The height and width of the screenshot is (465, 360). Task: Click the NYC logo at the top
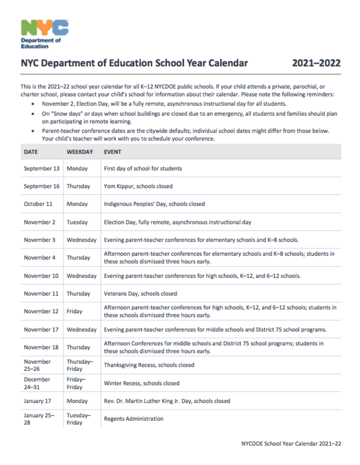[44, 28]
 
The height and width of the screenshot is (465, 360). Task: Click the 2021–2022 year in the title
[316, 63]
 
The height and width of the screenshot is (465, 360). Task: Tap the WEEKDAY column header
[80, 151]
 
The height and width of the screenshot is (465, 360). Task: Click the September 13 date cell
[41, 169]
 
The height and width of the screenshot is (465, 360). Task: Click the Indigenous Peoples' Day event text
[154, 204]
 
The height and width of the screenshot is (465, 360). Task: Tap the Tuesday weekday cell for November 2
[78, 222]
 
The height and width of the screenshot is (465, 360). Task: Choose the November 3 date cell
[39, 240]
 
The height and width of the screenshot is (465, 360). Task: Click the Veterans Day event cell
[141, 294]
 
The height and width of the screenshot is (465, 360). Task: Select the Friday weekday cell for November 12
[74, 312]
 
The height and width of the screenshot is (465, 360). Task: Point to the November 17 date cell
[41, 330]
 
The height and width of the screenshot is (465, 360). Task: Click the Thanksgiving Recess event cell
[149, 365]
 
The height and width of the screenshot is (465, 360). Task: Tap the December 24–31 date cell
[37, 383]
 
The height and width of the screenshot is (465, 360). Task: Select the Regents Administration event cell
[134, 419]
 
